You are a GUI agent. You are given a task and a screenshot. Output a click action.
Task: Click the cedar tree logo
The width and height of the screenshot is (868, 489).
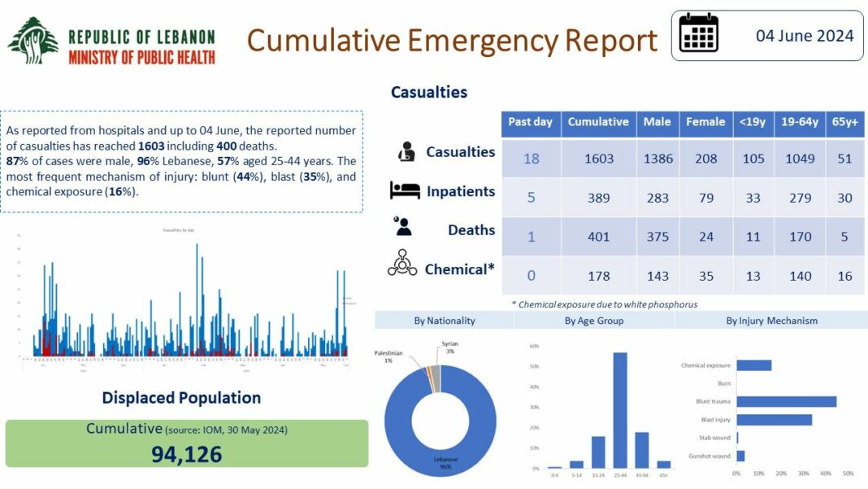click(33, 41)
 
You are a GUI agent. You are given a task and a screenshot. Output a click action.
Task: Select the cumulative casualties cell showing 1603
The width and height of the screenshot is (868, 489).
click(598, 159)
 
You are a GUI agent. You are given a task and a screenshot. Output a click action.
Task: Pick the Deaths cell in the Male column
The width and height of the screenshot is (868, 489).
click(658, 237)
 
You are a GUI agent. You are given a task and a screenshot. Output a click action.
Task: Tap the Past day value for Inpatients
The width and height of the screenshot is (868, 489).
click(531, 198)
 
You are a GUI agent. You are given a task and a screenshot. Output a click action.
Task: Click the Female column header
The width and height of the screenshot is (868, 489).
click(705, 122)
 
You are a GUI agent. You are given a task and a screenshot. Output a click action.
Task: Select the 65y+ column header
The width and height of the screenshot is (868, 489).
click(845, 122)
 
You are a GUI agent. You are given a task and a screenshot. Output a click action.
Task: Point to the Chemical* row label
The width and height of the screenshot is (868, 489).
click(459, 269)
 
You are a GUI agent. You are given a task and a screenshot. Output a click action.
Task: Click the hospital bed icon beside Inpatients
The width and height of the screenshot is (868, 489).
click(405, 191)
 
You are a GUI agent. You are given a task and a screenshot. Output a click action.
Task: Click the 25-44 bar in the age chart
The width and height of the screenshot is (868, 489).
click(619, 410)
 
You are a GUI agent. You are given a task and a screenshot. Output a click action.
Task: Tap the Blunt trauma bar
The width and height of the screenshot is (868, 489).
click(786, 401)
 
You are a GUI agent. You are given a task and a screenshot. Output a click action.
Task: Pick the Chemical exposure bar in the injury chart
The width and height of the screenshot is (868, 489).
click(753, 365)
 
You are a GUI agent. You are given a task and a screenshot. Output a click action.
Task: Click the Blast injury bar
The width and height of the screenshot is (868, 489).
click(774, 420)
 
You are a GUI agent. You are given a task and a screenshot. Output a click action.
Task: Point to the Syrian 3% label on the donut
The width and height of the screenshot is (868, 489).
click(450, 347)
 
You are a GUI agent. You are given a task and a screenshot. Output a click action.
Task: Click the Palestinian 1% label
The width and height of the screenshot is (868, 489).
click(388, 356)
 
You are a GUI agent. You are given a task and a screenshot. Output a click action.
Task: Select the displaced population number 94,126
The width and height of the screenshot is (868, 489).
click(186, 454)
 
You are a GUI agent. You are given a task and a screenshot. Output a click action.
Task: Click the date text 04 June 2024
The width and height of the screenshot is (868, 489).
click(805, 36)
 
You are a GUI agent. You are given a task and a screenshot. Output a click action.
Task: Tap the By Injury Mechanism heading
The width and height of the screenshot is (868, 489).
click(771, 321)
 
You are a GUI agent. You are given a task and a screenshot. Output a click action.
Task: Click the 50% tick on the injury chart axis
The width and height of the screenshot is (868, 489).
click(848, 474)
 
